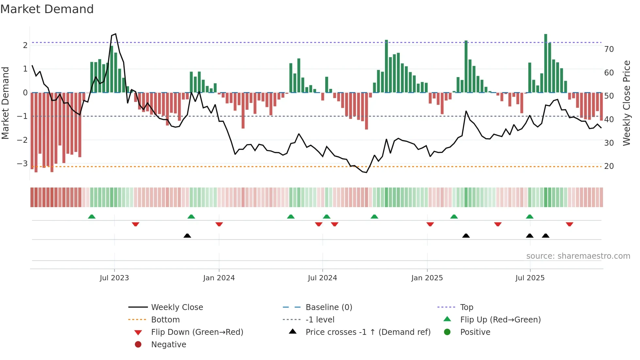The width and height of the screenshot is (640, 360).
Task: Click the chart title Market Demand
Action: pyautogui.click(x=47, y=9)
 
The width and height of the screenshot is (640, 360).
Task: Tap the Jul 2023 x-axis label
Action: pyautogui.click(x=114, y=278)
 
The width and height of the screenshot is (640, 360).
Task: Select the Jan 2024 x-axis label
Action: pyautogui.click(x=219, y=278)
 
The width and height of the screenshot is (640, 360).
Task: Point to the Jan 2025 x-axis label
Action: pyautogui.click(x=427, y=278)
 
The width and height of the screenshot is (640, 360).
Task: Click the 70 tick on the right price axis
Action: pyautogui.click(x=609, y=49)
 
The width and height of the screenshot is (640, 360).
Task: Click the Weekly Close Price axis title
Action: pyautogui.click(x=626, y=103)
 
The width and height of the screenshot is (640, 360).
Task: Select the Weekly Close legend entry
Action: pyautogui.click(x=177, y=307)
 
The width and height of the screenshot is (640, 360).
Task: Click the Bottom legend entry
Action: pyautogui.click(x=165, y=320)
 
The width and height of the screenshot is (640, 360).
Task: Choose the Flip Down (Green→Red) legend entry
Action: pyautogui.click(x=197, y=332)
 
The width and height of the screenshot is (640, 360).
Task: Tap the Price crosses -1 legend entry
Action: pyautogui.click(x=368, y=332)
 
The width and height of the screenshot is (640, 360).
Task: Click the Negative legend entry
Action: pyautogui.click(x=168, y=345)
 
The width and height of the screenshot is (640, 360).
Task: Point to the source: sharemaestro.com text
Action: pyautogui.click(x=578, y=256)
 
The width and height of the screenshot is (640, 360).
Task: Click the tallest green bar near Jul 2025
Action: pyautogui.click(x=546, y=62)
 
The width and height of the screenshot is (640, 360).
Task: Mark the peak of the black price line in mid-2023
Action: pyautogui.click(x=116, y=34)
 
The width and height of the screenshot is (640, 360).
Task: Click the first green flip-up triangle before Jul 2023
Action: pyautogui.click(x=92, y=217)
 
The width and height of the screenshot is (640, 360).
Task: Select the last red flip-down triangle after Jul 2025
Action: pyautogui.click(x=569, y=224)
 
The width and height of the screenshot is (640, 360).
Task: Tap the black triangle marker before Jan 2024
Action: pyautogui.click(x=187, y=236)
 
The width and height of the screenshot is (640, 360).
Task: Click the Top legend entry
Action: pyautogui.click(x=466, y=307)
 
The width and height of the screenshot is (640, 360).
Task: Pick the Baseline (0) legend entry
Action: pyautogui.click(x=328, y=307)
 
